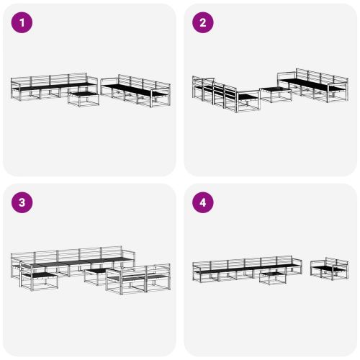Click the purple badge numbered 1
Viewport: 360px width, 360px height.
pos(23,23)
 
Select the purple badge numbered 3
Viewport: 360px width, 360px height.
pos(23,203)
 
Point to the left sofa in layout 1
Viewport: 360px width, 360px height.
pos(47,86)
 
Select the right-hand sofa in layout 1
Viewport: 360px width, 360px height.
pos(137,91)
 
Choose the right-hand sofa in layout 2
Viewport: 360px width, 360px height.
pos(313,85)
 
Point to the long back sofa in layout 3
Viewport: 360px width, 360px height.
pos(72,259)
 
